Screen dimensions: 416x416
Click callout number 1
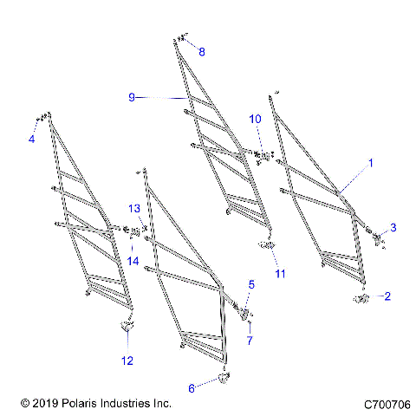(371, 162)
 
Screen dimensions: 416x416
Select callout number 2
(387, 296)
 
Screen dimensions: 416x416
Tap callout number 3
(393, 227)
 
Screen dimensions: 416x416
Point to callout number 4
(31, 139)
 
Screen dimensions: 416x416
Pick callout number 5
(251, 283)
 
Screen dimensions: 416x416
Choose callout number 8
(202, 52)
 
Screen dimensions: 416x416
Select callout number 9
(132, 98)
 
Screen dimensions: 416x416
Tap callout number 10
(256, 118)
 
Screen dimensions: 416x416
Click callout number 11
(279, 274)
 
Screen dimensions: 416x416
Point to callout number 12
(127, 360)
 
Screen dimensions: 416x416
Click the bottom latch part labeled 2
(361, 298)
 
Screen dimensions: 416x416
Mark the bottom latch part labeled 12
(127, 326)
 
